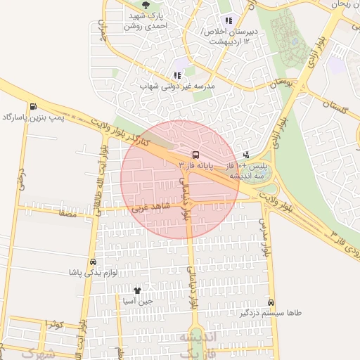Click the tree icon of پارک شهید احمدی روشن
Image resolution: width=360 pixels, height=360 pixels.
click(146, 5)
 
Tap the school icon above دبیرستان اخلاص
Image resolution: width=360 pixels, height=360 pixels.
click(228, 20)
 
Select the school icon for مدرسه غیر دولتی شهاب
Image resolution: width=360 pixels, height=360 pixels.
click(176, 75)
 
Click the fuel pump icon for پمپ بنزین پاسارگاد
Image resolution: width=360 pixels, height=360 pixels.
click(33, 106)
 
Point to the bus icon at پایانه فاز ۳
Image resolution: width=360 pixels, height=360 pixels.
click(195, 154)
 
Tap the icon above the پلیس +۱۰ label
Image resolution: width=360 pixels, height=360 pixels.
click(245, 154)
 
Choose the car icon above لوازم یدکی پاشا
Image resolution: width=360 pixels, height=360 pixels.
click(93, 261)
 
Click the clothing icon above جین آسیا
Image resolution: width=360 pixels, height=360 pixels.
click(137, 290)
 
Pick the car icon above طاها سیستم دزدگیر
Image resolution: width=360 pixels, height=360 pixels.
click(271, 302)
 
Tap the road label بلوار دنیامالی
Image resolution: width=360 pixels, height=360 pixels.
click(186, 200)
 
